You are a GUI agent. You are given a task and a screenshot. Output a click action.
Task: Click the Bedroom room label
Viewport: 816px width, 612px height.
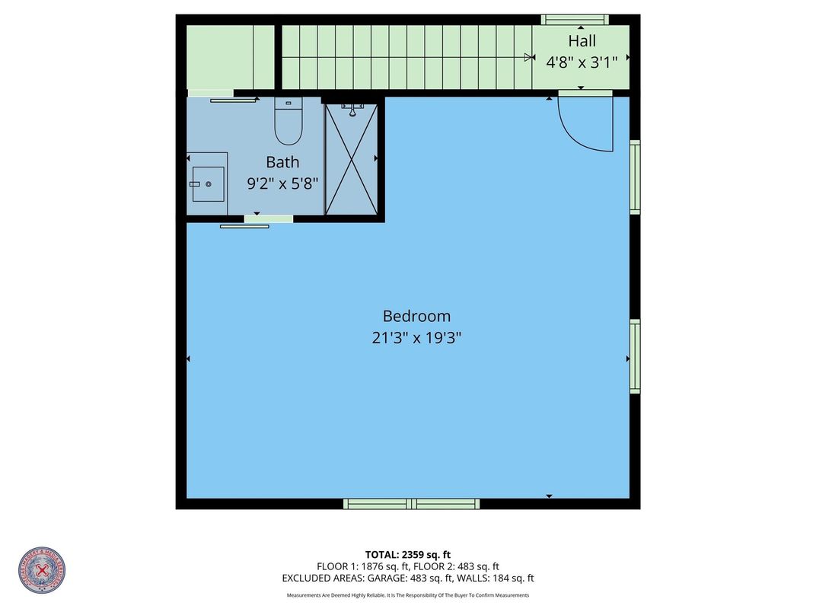pyautogui.click(x=416, y=316)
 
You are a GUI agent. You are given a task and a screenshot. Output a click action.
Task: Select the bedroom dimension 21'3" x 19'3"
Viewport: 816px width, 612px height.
pyautogui.click(x=416, y=337)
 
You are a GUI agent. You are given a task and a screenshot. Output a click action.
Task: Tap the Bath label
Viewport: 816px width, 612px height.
pyautogui.click(x=282, y=162)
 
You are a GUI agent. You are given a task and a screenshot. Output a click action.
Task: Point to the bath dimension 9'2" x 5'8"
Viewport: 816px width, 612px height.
pyautogui.click(x=282, y=183)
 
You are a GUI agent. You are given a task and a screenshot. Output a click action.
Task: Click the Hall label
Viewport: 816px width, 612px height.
pyautogui.click(x=582, y=41)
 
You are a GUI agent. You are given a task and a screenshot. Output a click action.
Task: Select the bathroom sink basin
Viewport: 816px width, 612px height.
pyautogui.click(x=208, y=184)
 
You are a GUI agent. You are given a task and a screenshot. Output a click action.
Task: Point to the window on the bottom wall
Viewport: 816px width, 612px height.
pyautogui.click(x=411, y=503)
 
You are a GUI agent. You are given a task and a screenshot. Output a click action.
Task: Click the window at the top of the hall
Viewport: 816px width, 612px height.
pyautogui.click(x=575, y=20)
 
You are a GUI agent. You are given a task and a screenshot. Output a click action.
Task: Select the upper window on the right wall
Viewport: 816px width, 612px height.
pyautogui.click(x=635, y=176)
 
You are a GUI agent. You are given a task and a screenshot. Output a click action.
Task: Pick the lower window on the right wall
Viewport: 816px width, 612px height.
pyautogui.click(x=635, y=356)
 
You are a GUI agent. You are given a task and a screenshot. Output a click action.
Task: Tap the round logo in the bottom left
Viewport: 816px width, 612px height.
pyautogui.click(x=43, y=570)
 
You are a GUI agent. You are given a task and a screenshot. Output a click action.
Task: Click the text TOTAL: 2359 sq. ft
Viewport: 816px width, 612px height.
pyautogui.click(x=408, y=554)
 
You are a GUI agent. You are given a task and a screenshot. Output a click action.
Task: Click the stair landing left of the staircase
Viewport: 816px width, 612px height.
pyautogui.click(x=230, y=57)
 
